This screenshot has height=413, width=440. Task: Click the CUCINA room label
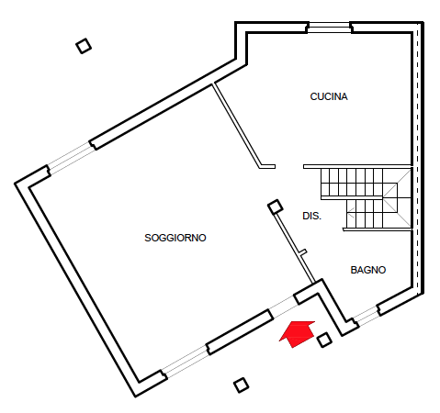coord(329,96)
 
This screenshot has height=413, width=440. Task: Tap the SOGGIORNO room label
coord(175,238)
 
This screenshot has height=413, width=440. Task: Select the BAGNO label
coord(368,270)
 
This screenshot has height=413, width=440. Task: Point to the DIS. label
coord(311,216)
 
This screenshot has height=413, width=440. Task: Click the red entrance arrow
coord(298,333)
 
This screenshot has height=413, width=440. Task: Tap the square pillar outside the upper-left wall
coord(84,46)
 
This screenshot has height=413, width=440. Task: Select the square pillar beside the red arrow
coord(324,340)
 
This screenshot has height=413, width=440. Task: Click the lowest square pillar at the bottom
coord(241,385)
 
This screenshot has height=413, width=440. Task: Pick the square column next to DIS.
coord(276,206)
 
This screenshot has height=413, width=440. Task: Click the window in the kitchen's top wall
coord(329,28)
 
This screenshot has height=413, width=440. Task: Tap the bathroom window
coord(366,315)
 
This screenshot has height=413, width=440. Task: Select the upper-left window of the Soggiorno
coord(71,158)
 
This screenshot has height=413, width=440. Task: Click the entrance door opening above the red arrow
coord(284,307)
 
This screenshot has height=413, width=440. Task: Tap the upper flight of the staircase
coord(352,183)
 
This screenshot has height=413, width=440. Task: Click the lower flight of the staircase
coord(365,214)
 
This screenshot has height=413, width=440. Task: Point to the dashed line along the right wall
coord(418,159)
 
